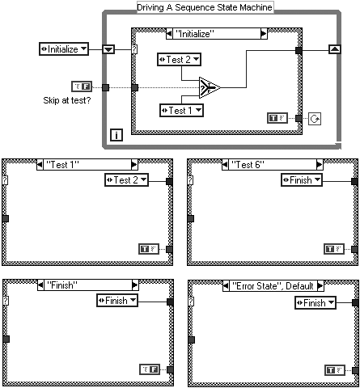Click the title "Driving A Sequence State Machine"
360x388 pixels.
[x=205, y=7]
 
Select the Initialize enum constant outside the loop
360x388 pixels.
[x=64, y=49]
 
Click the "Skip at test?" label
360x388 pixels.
[x=67, y=100]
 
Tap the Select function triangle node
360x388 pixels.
[x=210, y=87]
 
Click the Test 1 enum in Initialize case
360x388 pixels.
[x=181, y=111]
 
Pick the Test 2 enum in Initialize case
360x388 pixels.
[x=179, y=59]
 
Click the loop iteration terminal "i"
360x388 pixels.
[x=116, y=135]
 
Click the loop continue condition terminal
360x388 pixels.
[x=315, y=119]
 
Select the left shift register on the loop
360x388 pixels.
[x=108, y=49]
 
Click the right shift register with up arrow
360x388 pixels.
[x=335, y=49]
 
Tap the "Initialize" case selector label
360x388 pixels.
[x=195, y=34]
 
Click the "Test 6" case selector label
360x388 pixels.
[x=248, y=164]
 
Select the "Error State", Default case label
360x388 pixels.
[x=273, y=286]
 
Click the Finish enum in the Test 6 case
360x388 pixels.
[x=302, y=180]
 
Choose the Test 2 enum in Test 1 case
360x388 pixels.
[x=126, y=180]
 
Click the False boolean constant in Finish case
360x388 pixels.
[x=150, y=369]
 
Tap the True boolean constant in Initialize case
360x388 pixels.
[x=277, y=118]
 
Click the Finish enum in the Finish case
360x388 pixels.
[x=117, y=301]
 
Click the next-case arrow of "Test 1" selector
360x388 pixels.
[x=134, y=164]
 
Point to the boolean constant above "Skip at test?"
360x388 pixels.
[x=82, y=86]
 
